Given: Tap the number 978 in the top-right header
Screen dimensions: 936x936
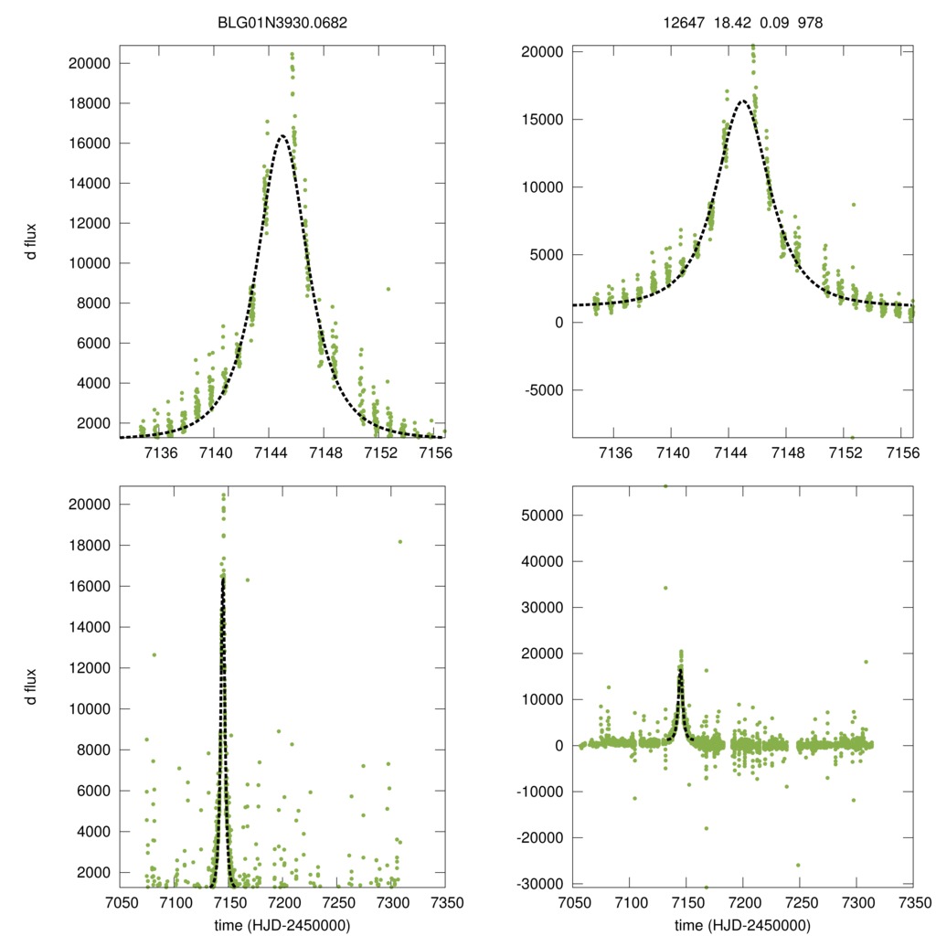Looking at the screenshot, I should coord(810,22).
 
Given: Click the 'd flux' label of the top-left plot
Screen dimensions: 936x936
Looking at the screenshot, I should coord(33,241).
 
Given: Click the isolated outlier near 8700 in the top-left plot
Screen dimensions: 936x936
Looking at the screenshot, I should coord(388,289).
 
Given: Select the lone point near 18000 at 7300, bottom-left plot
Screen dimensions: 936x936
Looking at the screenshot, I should coord(399,541).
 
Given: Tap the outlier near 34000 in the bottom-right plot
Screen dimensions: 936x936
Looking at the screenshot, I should coord(665,588).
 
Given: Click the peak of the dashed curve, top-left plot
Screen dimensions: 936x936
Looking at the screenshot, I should coord(282,136).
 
